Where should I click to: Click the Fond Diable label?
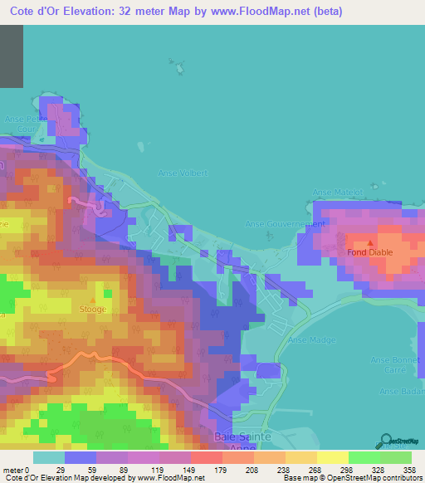click(369, 252)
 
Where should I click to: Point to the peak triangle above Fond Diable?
click(370, 242)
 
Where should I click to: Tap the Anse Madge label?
click(305, 340)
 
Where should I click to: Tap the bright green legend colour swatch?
click(364, 457)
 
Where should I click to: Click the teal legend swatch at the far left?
click(48, 457)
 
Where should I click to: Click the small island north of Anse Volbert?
click(173, 64)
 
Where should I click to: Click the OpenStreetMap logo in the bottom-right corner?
click(399, 441)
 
